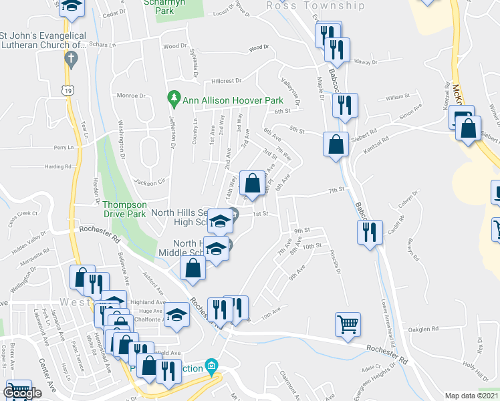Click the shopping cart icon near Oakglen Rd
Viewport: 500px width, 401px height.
348,325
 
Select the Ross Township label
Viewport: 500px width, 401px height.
316,6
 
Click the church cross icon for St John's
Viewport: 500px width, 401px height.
70,58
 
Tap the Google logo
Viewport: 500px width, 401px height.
22,394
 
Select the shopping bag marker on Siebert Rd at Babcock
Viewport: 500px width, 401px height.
335,144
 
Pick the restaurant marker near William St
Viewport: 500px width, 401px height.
345,106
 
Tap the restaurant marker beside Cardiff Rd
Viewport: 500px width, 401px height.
370,233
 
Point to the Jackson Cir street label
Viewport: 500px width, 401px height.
148,181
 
